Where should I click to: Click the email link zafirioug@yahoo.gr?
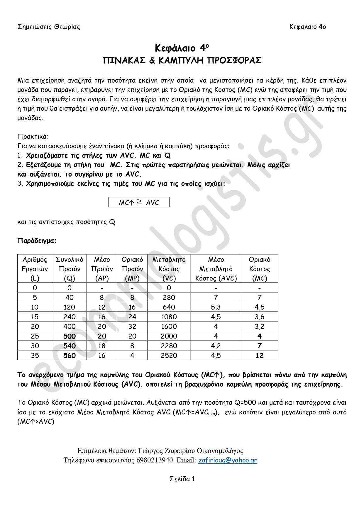228,460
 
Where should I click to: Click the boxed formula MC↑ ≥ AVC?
139,202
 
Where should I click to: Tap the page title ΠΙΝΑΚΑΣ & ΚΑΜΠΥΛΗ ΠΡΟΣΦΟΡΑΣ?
182,60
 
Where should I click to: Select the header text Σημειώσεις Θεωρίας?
49,27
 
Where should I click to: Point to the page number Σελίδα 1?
182,479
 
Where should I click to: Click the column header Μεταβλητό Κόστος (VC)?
169,269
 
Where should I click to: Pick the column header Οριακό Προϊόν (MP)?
132,269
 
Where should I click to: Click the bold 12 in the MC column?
260,356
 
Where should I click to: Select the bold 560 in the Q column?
70,356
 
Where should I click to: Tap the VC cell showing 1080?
169,317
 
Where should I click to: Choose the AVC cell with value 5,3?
216,307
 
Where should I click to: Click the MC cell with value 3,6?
260,317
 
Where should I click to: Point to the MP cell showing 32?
132,327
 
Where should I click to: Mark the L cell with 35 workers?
35,356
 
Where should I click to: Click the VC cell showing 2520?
169,356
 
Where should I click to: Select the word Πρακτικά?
33,136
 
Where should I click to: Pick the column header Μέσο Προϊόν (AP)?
102,269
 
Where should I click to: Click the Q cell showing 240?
70,317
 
